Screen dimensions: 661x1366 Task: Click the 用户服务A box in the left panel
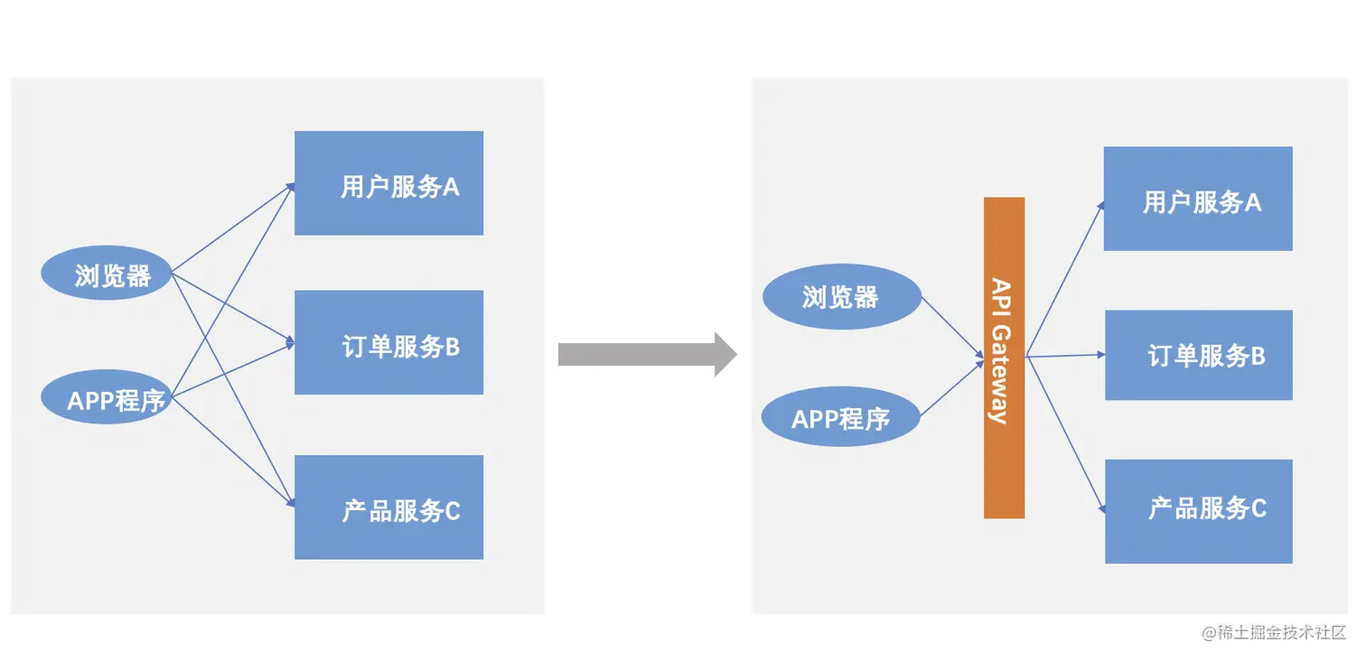pos(388,183)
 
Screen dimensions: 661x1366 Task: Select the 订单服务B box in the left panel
pos(388,342)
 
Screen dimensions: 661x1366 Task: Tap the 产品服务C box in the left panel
pos(388,507)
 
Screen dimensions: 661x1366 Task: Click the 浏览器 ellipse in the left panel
pos(108,275)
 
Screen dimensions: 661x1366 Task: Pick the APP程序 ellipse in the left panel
pos(108,398)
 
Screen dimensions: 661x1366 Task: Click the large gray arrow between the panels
pos(646,354)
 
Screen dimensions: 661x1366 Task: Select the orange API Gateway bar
pos(1004,358)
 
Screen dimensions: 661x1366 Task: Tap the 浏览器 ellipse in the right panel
pos(841,296)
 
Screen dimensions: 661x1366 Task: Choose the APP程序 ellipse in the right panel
pos(841,418)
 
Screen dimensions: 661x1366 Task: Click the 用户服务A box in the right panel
pos(1198,199)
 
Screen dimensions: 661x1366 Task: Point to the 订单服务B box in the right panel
pos(1198,355)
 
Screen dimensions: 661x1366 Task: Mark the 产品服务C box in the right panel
pos(1198,511)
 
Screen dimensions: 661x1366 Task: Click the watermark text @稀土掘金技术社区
pos(1274,632)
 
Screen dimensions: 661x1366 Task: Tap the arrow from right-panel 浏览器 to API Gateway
pos(952,328)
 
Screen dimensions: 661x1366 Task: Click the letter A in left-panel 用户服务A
pos(450,187)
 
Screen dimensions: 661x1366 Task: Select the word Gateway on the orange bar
pos(1001,374)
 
